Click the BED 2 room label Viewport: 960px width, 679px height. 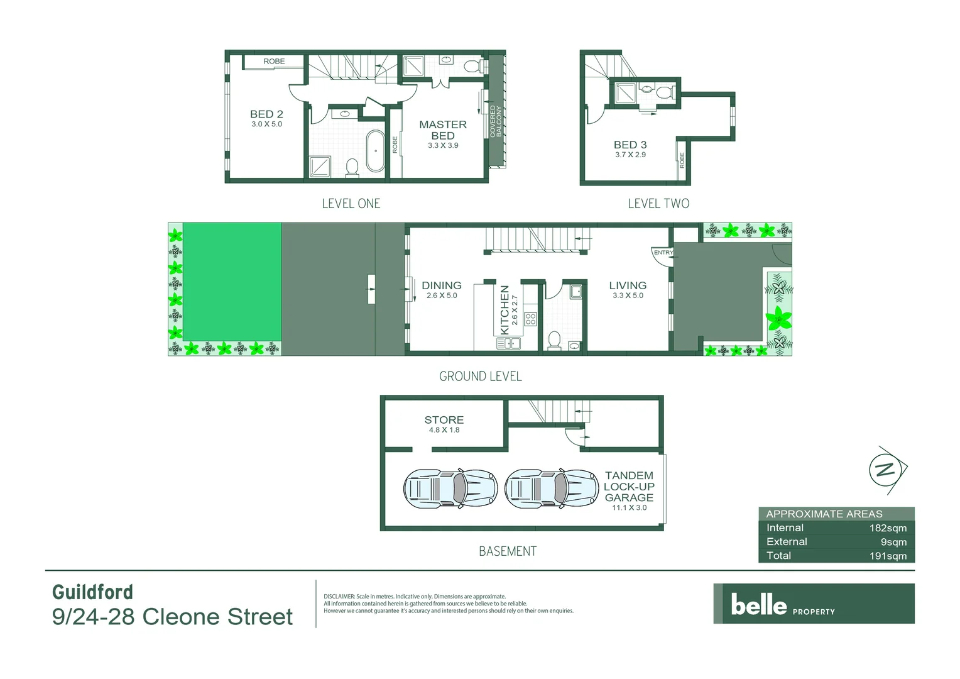[266, 114]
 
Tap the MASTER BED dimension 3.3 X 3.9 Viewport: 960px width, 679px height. [443, 145]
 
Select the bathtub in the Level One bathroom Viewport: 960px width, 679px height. [376, 151]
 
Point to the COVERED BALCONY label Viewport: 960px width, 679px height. [496, 121]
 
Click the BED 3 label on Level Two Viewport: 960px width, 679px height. [630, 145]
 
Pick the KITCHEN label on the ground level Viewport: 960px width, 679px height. [504, 310]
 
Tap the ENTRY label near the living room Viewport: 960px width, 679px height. [663, 253]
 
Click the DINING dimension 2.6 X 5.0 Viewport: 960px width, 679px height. [442, 295]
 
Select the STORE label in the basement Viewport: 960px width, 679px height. [444, 420]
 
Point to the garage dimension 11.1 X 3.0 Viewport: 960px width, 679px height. [629, 508]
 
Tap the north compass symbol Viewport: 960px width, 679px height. [886, 470]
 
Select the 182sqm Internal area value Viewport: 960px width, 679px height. [888, 528]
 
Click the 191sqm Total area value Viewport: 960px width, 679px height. [888, 556]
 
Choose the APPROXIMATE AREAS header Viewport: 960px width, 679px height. [824, 514]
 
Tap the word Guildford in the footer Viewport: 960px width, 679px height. [92, 592]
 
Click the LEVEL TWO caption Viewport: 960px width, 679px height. [658, 204]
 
